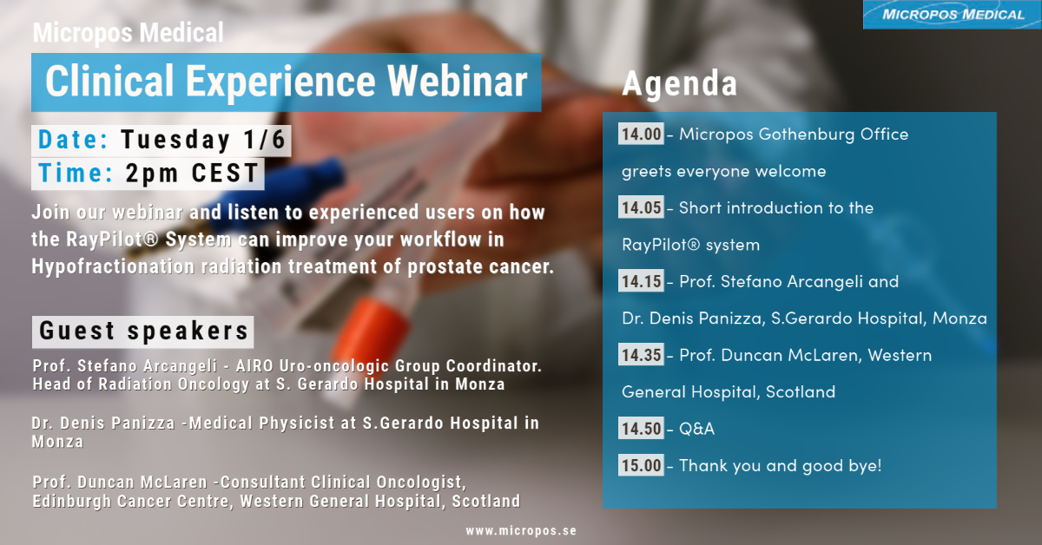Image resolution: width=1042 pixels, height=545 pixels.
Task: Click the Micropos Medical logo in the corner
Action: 953,15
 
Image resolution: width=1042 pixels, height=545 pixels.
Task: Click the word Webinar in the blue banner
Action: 458,82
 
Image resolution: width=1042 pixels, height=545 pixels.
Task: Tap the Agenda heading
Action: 679,83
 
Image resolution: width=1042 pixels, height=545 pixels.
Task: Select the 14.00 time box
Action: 641,134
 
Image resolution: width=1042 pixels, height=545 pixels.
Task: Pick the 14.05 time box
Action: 641,207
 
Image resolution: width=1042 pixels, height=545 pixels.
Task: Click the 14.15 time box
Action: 641,281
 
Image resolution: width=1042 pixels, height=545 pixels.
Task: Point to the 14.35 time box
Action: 641,355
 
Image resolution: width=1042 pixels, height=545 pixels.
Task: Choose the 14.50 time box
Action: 641,429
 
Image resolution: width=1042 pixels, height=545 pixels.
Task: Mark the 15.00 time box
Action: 641,465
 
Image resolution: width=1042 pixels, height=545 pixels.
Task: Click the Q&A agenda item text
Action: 696,429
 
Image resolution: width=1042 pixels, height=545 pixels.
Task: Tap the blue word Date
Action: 73,140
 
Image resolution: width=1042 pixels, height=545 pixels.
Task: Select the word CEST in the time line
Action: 225,173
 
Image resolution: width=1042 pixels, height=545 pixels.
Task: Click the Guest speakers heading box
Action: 142,332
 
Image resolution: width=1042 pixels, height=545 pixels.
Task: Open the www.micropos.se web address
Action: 521,530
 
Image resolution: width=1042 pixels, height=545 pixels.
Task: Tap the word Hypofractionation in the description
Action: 113,267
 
